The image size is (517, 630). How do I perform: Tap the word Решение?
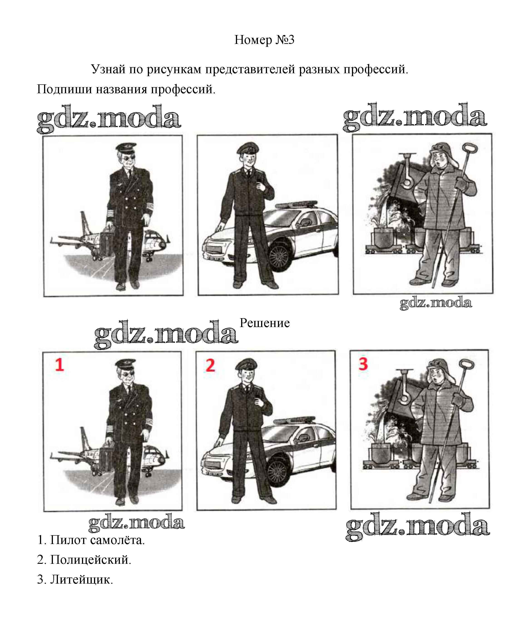[x=265, y=323]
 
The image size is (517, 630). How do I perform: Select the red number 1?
[x=59, y=365]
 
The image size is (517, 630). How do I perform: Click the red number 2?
[x=210, y=365]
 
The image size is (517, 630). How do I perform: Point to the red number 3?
[x=363, y=364]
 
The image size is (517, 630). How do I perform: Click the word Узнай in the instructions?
[x=108, y=69]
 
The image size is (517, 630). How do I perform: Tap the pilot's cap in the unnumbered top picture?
[x=126, y=148]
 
